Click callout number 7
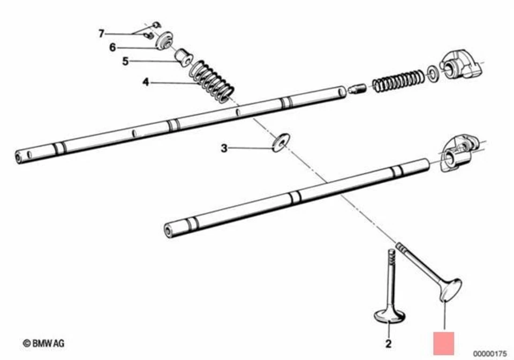tap(101, 33)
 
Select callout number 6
tap(112, 47)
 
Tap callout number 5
tap(125, 61)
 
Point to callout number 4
tap(145, 82)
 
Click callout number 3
tap(224, 148)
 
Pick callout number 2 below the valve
tap(389, 343)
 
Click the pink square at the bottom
tap(443, 343)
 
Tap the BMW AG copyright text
tap(44, 342)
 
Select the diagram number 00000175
tap(489, 353)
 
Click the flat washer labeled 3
tap(280, 142)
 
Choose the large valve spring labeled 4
tap(213, 81)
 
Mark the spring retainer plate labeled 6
tap(165, 41)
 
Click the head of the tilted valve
tap(450, 290)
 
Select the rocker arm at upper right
tap(459, 65)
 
